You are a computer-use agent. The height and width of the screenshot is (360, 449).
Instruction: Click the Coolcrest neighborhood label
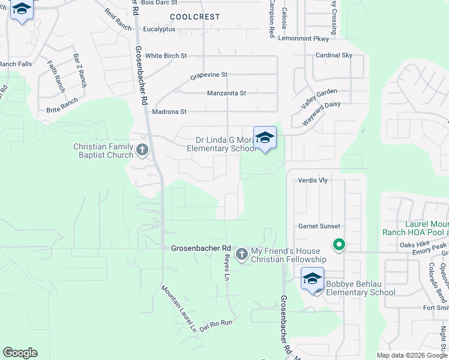click(195, 17)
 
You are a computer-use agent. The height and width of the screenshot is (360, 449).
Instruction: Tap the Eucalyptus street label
click(159, 29)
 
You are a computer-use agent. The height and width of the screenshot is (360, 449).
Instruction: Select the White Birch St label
click(166, 56)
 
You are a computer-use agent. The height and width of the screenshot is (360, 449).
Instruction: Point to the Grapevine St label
click(209, 75)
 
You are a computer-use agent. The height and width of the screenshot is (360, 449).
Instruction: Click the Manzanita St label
click(226, 94)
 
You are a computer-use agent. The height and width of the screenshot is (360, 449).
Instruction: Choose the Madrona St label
click(169, 112)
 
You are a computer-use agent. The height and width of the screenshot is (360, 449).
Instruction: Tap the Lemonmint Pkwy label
click(304, 38)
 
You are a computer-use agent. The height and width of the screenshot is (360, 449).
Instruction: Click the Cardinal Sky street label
click(334, 55)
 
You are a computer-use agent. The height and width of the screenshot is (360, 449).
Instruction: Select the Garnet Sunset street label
click(319, 226)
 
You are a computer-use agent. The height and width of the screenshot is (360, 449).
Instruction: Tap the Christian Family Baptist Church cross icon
click(142, 149)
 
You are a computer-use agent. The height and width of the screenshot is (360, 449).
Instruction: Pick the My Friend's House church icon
click(241, 254)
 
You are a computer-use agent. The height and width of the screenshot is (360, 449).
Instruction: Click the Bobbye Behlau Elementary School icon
click(312, 279)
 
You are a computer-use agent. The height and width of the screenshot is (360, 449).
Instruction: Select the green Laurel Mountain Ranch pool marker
click(339, 244)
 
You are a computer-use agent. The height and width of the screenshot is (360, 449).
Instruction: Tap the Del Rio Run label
click(216, 323)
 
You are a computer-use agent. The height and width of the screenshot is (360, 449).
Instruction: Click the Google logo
click(20, 353)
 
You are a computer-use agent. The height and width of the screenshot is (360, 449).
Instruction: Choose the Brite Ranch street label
click(62, 110)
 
